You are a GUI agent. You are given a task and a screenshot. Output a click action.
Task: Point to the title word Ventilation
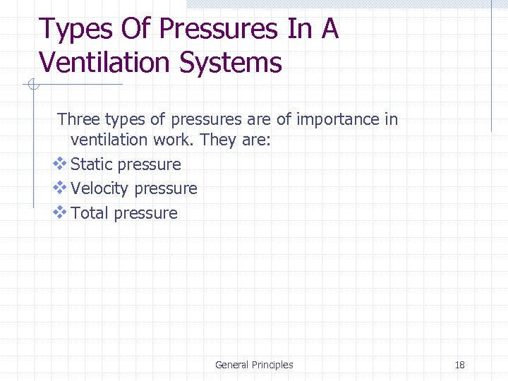[x=105, y=62]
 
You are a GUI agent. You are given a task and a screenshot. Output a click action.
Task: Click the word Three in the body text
[x=78, y=119]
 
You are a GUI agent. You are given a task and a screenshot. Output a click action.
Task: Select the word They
[x=218, y=140]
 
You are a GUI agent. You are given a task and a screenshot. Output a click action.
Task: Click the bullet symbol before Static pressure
[x=60, y=164]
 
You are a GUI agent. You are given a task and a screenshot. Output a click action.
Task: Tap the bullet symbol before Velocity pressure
[x=60, y=188]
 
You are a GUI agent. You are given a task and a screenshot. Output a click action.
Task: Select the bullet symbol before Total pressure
[x=60, y=212]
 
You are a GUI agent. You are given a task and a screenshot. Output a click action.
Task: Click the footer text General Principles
[x=254, y=365]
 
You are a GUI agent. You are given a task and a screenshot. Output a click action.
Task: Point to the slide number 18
[x=460, y=365]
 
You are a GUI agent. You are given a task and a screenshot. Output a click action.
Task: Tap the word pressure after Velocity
[x=165, y=189]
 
